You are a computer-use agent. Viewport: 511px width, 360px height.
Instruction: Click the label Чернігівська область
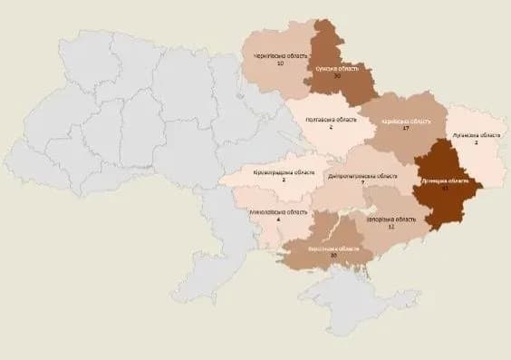[x=281, y=56]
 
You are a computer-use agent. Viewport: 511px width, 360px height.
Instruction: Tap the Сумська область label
[x=337, y=68]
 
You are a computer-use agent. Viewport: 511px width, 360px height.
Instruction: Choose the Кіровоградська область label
[x=284, y=171]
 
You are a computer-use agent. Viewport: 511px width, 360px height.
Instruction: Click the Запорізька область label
[x=390, y=219]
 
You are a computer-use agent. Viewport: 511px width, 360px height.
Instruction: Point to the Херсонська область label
[x=333, y=248]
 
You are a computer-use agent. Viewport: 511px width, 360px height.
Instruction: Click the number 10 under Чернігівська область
[x=281, y=65]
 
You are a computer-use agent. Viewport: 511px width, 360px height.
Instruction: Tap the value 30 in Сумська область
[x=336, y=77]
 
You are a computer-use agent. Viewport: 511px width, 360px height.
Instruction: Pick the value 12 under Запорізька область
[x=390, y=227]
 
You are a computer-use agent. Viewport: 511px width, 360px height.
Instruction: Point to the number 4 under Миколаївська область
[x=278, y=219]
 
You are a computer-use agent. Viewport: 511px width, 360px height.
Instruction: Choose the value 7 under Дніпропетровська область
[x=362, y=183]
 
